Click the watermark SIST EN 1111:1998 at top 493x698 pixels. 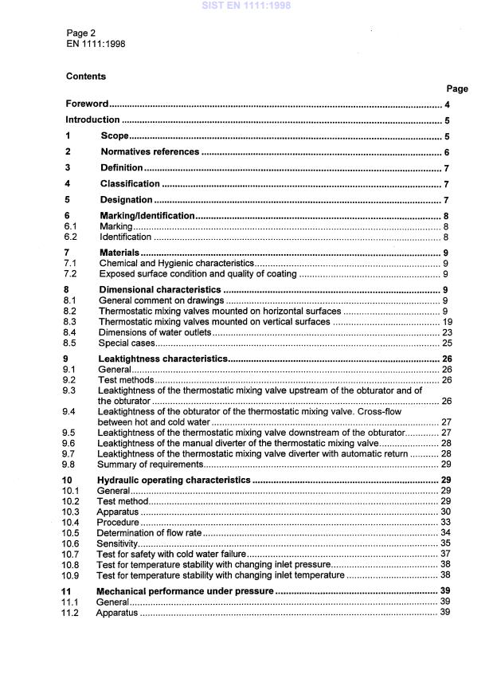click(x=246, y=6)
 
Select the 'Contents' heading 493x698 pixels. click(x=86, y=76)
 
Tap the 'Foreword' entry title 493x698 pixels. click(x=87, y=104)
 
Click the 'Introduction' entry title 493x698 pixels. click(x=92, y=120)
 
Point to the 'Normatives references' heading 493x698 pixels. click(x=150, y=151)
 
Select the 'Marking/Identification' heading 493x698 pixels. click(x=147, y=216)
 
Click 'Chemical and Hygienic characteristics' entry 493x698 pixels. click(x=176, y=263)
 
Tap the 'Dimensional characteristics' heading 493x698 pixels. click(x=159, y=289)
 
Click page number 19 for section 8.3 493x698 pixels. click(x=446, y=321)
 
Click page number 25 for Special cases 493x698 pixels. click(x=446, y=343)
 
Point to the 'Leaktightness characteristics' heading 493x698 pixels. click(x=162, y=359)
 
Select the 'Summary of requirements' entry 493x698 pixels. click(x=150, y=464)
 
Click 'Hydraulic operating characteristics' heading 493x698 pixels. click(x=173, y=480)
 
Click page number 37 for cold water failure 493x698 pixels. click(x=446, y=553)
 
